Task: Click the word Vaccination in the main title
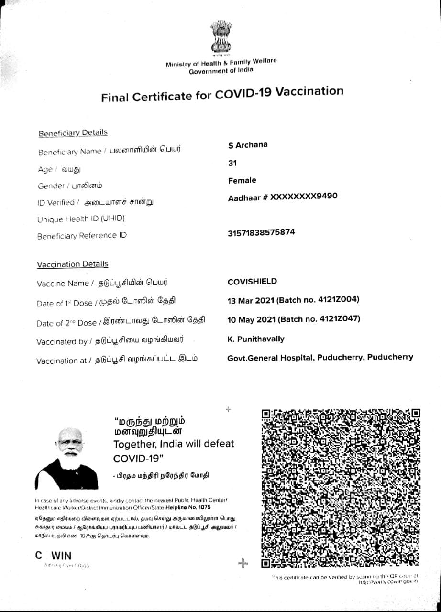[309, 92]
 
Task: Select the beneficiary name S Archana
[248, 145]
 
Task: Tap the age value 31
[232, 163]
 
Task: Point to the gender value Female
[242, 180]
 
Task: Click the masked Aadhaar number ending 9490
[304, 197]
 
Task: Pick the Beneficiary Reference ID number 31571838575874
[261, 232]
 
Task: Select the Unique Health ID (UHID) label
[81, 219]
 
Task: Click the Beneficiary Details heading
[73, 133]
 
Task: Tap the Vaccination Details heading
[73, 264]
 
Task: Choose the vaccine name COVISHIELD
[252, 282]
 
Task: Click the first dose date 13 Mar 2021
[251, 300]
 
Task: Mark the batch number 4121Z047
[340, 319]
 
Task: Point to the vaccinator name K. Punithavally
[256, 339]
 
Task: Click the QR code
[341, 488]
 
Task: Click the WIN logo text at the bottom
[61, 556]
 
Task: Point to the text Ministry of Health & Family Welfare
[220, 63]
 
